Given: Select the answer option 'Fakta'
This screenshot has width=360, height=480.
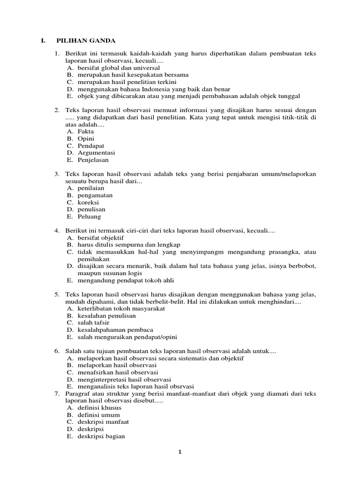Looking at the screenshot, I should coord(86,132).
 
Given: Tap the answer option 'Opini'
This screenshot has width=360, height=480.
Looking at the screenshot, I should coord(86,139).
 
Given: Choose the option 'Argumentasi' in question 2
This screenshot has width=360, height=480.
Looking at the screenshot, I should coord(96,153).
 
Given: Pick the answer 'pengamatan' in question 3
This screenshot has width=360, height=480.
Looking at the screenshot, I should coord(95,195).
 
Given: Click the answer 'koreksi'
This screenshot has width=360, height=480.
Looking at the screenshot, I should coord(89,202).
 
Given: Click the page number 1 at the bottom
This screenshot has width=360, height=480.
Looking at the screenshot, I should coord(180,452).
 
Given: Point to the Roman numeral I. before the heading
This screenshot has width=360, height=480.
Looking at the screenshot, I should coord(43,41).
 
